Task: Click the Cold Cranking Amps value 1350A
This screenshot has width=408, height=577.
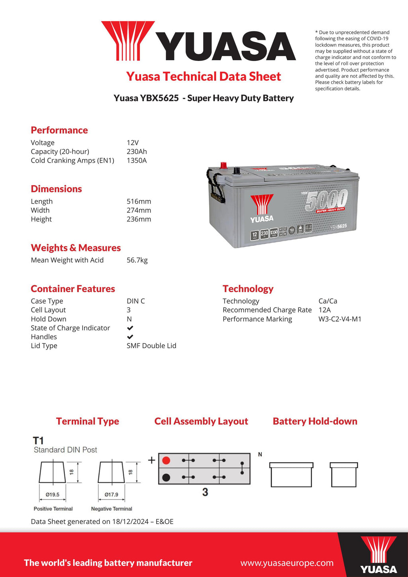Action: (x=137, y=161)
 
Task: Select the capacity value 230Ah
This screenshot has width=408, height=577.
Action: (x=137, y=152)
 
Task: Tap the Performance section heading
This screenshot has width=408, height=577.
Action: (x=59, y=130)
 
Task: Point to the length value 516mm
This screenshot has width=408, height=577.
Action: (x=139, y=202)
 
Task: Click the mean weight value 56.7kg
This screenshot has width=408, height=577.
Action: (x=137, y=260)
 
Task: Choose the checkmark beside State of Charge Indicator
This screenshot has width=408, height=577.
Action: (x=130, y=328)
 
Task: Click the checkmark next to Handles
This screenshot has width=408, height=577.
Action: (x=130, y=337)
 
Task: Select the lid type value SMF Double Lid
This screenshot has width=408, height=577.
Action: (x=151, y=346)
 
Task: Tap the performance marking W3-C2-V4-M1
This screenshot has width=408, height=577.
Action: (x=340, y=319)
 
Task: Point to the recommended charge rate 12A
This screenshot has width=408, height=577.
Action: (x=325, y=310)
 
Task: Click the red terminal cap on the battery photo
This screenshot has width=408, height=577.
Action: (x=224, y=165)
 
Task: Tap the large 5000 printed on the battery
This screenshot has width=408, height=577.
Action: (x=327, y=200)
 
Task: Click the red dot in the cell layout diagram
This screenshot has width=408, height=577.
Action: (x=166, y=461)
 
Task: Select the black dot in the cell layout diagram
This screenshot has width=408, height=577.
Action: (x=166, y=477)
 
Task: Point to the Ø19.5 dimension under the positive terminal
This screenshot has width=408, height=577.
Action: (x=52, y=495)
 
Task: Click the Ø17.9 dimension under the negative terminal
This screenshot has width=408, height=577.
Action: (x=112, y=495)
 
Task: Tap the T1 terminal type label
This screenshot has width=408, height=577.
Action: (x=38, y=441)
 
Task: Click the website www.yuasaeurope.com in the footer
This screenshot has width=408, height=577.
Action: (x=287, y=563)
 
